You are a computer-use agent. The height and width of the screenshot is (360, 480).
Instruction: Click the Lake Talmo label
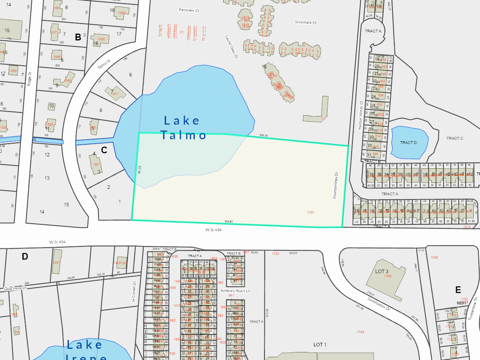pos(183,127)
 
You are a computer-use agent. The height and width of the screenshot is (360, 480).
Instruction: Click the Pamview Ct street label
pos(189,10)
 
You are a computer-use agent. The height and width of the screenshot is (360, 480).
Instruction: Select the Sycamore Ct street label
pos(306,22)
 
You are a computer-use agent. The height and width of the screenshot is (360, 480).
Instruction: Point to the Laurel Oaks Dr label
pos(231,47)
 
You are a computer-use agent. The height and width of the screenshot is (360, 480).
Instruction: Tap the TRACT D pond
pos(408,142)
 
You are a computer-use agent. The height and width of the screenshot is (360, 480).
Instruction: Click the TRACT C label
pos(454,138)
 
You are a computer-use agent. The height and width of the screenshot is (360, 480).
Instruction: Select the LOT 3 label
pos(382,272)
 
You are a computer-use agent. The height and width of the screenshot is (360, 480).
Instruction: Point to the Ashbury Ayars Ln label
pos(235,290)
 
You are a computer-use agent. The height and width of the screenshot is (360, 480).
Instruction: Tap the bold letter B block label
pos(78,37)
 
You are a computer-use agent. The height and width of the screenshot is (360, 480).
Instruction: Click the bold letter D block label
pos(25,256)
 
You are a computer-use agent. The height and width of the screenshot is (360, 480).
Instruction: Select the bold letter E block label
pos(458,290)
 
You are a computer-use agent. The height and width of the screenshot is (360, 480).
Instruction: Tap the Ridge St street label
pos(29,79)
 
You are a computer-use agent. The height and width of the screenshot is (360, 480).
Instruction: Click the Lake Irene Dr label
pos(15,288)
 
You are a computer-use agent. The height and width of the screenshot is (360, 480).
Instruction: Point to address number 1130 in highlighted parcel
pos(310,212)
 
